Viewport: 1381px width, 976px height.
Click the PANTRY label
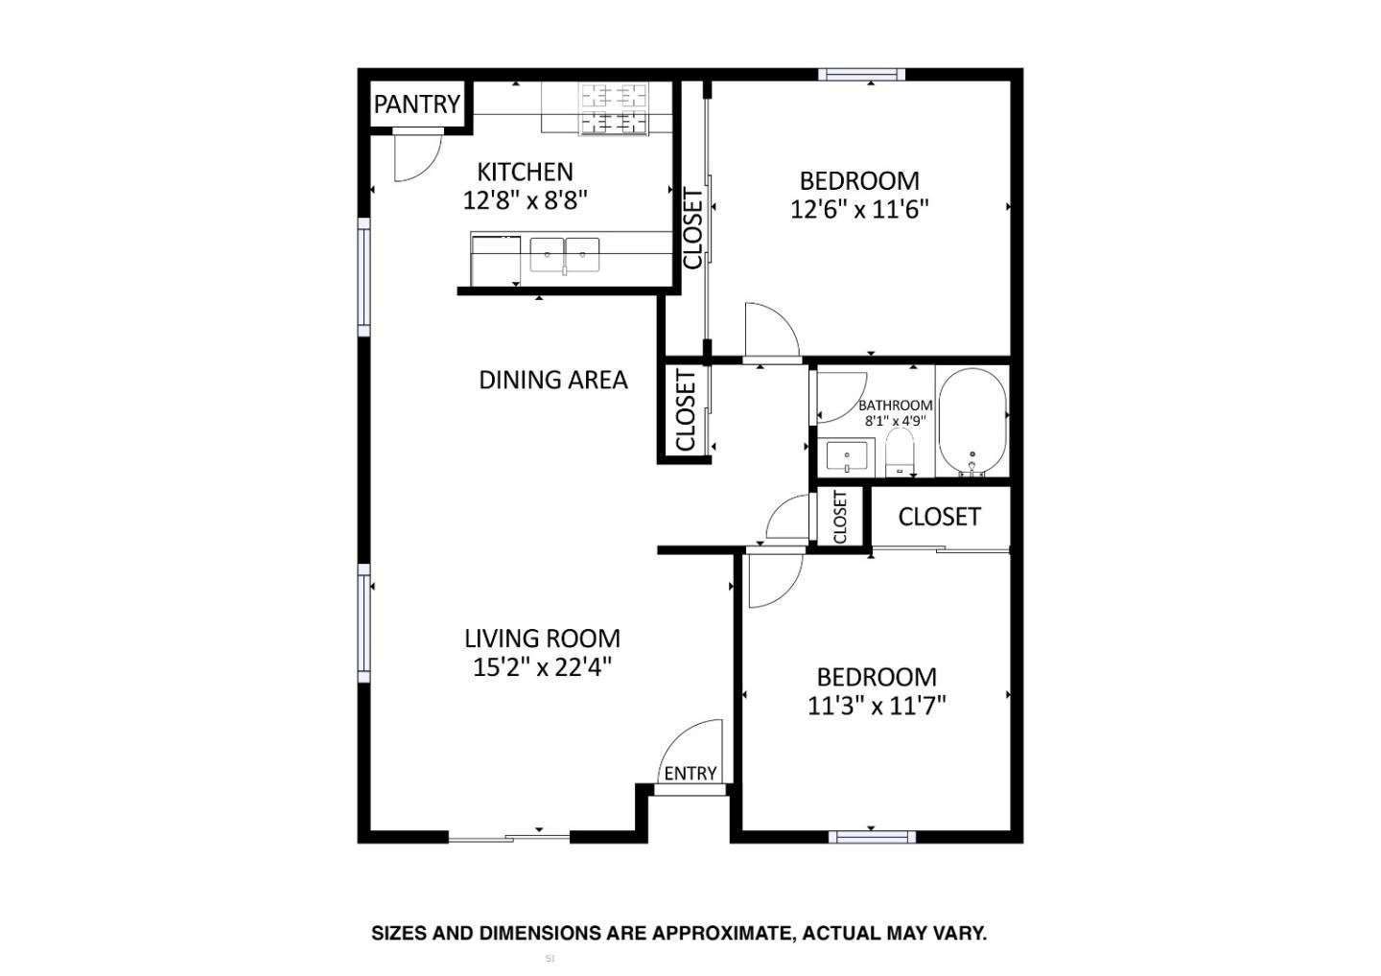click(x=417, y=104)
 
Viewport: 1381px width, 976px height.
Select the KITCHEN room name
click(x=525, y=173)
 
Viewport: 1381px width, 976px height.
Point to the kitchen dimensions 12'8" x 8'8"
click(x=525, y=200)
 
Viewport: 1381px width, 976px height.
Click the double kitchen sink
click(x=565, y=256)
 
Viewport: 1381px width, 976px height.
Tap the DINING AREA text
click(x=553, y=381)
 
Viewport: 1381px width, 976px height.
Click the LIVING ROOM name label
click(x=542, y=639)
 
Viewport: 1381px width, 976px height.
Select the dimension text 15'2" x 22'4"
click(x=542, y=667)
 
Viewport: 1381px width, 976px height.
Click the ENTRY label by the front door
click(x=690, y=774)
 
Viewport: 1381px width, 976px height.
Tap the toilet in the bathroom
click(x=899, y=453)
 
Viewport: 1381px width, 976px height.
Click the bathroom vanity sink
click(x=847, y=456)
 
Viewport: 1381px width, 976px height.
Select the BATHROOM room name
click(x=895, y=406)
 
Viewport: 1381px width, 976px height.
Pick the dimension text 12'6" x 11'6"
click(x=859, y=209)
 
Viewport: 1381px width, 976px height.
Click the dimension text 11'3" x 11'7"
click(x=877, y=707)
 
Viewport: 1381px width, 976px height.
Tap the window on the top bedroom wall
click(x=861, y=75)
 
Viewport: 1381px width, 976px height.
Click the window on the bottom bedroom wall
click(x=871, y=837)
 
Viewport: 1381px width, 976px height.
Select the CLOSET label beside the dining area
click(x=685, y=410)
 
